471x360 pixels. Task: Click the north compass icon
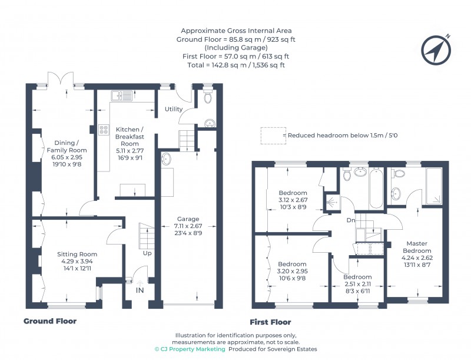tap(435, 50)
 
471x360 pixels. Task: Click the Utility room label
tap(174, 109)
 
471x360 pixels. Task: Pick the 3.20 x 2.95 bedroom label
tap(293, 271)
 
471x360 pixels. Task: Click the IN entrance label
tap(140, 291)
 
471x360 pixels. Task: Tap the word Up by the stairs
tap(147, 253)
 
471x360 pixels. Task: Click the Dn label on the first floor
tap(351, 221)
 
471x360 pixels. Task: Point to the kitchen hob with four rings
tap(104, 130)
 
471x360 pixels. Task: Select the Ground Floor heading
tap(50, 321)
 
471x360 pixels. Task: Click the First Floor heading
tap(270, 322)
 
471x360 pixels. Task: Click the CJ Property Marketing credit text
tap(190, 349)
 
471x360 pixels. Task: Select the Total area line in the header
tap(235, 65)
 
